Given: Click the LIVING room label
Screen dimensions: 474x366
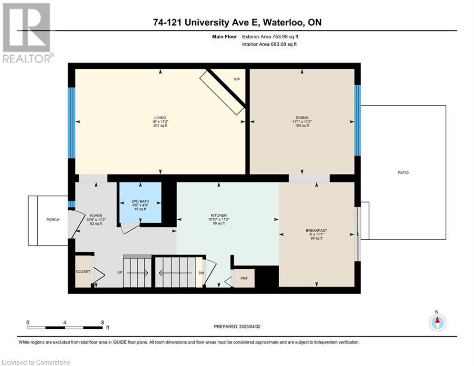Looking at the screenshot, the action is (x=160, y=118).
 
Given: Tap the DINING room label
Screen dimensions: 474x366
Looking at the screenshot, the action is (x=302, y=118).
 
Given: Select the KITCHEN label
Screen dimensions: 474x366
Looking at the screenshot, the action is (x=219, y=215).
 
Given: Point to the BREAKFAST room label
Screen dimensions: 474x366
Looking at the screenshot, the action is (x=316, y=231).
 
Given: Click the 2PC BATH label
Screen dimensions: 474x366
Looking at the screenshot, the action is (x=140, y=202).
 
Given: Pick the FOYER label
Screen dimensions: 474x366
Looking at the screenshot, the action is (x=96, y=216).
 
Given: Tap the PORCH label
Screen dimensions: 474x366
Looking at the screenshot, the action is (x=53, y=220).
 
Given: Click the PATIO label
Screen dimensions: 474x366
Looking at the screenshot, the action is (x=403, y=173).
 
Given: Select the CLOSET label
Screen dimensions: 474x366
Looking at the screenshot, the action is (x=83, y=272).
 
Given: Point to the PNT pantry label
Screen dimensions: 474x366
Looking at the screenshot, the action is (x=244, y=278).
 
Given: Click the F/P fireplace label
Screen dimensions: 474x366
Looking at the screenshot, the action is (x=237, y=79).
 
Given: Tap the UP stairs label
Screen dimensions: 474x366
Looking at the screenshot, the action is (x=120, y=272).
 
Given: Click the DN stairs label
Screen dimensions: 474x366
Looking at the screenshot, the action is (x=201, y=273).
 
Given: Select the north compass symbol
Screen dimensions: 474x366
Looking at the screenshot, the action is (x=437, y=322).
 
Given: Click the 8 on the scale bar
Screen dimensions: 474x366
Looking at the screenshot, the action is (x=102, y=323).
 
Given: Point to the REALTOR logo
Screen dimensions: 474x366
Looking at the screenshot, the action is (x=28, y=33).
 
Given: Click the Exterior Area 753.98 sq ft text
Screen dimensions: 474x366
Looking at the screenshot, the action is (x=270, y=37).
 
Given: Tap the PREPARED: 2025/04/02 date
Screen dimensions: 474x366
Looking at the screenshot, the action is (x=237, y=326).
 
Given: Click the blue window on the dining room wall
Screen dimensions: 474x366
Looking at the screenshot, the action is (x=357, y=121).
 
